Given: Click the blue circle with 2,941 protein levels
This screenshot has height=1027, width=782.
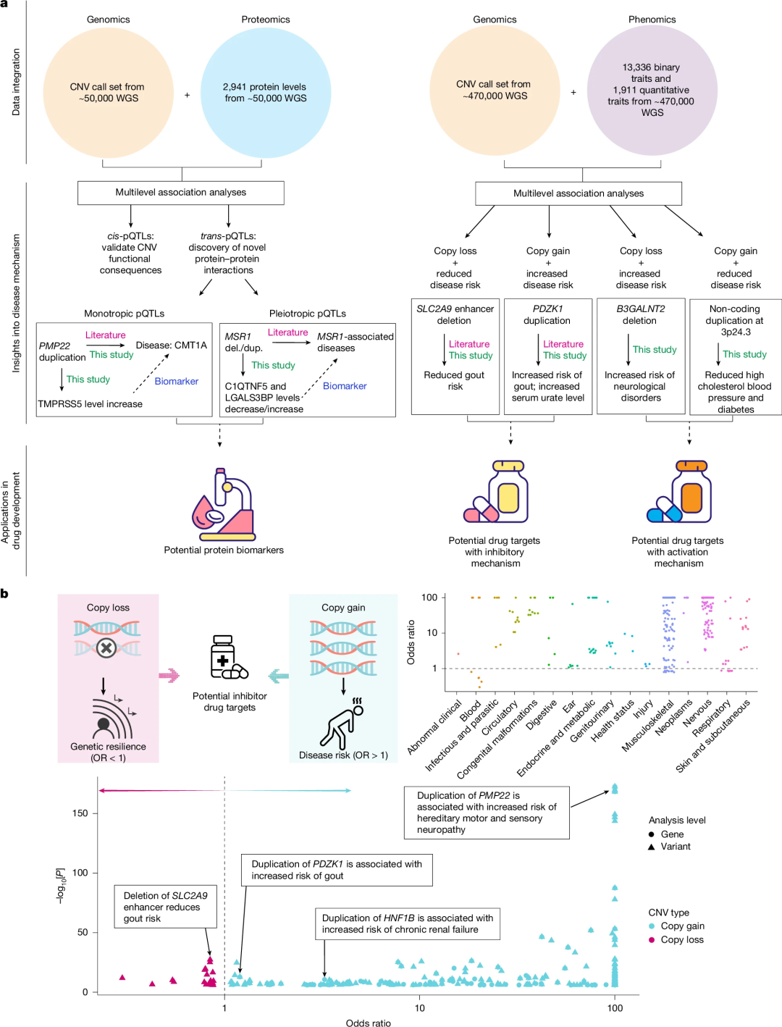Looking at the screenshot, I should [x=265, y=92].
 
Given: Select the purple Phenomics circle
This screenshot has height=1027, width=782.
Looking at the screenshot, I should [x=652, y=91].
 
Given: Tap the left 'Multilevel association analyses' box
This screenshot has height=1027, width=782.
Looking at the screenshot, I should [x=180, y=193].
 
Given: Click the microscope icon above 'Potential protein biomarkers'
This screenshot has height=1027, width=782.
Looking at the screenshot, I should [x=224, y=504].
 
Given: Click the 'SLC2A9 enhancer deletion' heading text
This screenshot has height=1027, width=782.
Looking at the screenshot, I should [x=455, y=314].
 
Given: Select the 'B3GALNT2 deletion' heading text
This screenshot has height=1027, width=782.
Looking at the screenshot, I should [x=640, y=314].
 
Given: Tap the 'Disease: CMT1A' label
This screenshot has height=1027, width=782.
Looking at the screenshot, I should [x=171, y=345].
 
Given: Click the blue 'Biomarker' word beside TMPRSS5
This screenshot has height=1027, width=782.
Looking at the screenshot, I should [x=176, y=381].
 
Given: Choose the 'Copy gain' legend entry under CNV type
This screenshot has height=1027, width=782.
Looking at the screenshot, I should [x=681, y=926].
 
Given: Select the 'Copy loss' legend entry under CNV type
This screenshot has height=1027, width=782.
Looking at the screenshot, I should [x=681, y=939].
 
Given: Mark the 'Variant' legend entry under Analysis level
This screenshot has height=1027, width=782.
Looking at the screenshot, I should [x=675, y=846].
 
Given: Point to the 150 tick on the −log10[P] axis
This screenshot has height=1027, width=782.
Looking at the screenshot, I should [x=80, y=813].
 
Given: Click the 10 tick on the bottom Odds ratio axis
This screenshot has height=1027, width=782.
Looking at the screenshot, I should [x=419, y=1007].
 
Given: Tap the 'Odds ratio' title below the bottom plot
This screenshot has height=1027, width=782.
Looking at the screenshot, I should [x=368, y=1023].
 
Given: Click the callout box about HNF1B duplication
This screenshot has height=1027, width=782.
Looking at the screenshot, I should [x=407, y=923].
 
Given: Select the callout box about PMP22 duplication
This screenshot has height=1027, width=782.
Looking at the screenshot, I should [x=487, y=812].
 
